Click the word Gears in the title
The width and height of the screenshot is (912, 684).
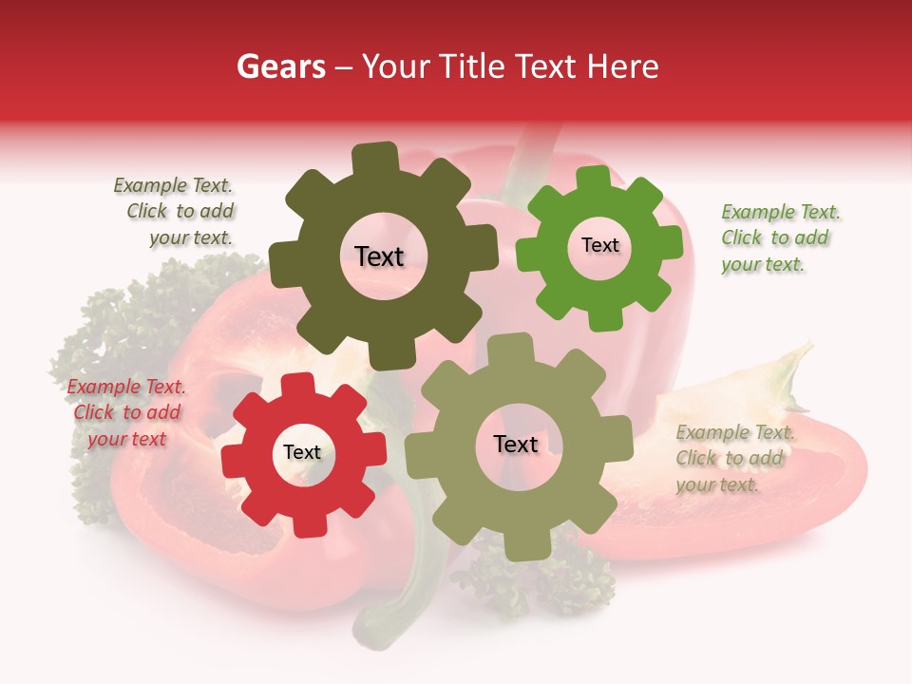(x=280, y=66)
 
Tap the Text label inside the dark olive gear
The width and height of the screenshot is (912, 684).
(x=379, y=256)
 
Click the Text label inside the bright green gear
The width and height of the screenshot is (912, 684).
(x=599, y=245)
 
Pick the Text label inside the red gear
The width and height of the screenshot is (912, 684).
(x=302, y=452)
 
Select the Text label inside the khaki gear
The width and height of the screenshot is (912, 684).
(x=516, y=445)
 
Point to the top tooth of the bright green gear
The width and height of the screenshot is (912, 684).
(x=595, y=178)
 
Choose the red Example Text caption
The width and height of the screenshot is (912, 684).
(x=126, y=412)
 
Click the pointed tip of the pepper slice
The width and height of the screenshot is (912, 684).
(x=808, y=346)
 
